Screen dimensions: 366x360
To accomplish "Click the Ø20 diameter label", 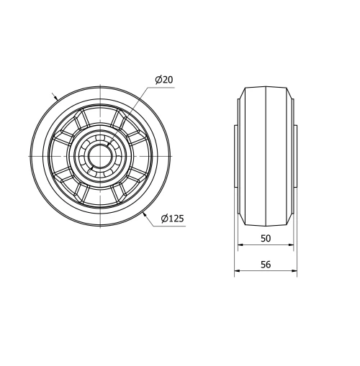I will pyautogui.click(x=164, y=80).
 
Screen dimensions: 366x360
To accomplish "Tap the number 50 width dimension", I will pyautogui.click(x=265, y=238).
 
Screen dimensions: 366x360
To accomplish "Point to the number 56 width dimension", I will pyautogui.click(x=265, y=265).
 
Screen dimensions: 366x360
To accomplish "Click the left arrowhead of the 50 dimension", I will pyautogui.click(x=242, y=246).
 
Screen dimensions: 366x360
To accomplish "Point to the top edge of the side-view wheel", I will pyautogui.click(x=266, y=88).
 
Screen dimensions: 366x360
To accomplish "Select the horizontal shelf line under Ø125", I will pyautogui.click(x=173, y=225).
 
